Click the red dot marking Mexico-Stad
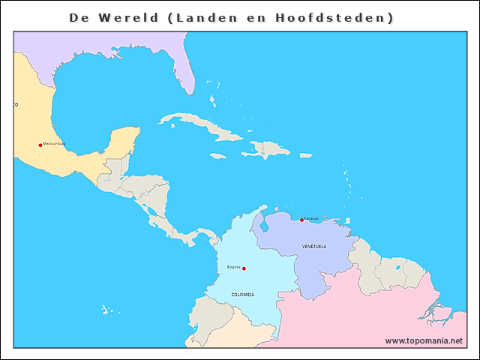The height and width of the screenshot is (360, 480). point(40,145)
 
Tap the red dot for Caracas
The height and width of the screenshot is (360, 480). point(301,220)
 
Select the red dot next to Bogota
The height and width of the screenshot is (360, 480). point(244,268)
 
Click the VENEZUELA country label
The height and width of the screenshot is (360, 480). point(314,246)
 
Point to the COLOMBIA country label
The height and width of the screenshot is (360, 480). point(242,295)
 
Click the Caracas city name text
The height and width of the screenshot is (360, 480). point(311,218)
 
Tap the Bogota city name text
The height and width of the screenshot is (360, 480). point(233,266)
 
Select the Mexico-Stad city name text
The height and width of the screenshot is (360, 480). point(55,143)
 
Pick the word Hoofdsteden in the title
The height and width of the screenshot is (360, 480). point(345,17)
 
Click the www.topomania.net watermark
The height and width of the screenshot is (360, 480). point(424,340)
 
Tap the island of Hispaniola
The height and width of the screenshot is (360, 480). point(267,150)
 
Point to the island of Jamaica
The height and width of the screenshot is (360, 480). point(218,156)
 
